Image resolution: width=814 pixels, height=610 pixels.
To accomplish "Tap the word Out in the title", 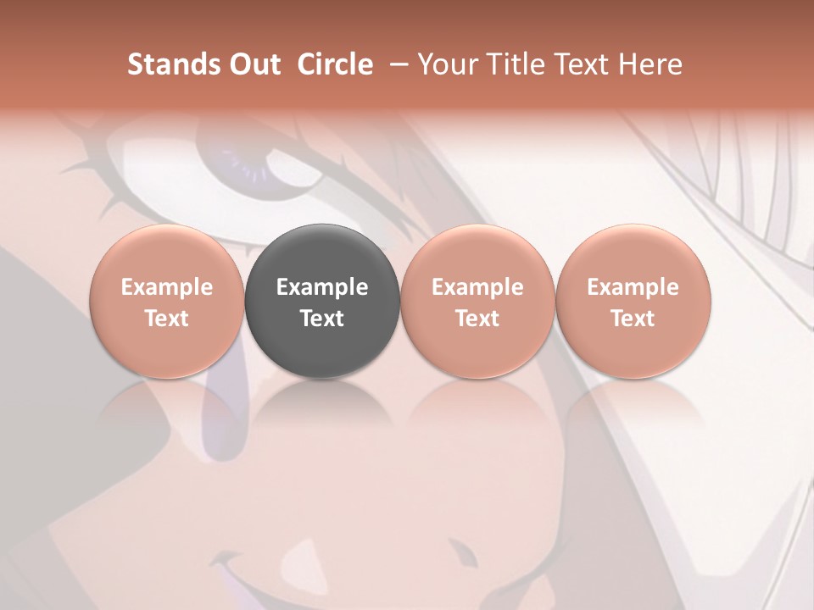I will [x=252, y=64].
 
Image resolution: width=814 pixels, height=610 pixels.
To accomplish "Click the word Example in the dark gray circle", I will [x=322, y=287].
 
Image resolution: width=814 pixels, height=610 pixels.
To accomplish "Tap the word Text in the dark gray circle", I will [x=322, y=319].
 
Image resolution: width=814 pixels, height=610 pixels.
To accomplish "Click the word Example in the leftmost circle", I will [x=167, y=287].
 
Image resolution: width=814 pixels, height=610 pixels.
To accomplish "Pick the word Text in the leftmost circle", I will [x=167, y=319].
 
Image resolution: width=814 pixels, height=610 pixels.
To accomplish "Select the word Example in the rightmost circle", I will [x=633, y=287].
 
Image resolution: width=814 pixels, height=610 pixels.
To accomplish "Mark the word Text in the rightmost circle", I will [x=633, y=319].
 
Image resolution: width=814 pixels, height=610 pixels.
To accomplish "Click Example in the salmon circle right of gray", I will [x=477, y=287].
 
